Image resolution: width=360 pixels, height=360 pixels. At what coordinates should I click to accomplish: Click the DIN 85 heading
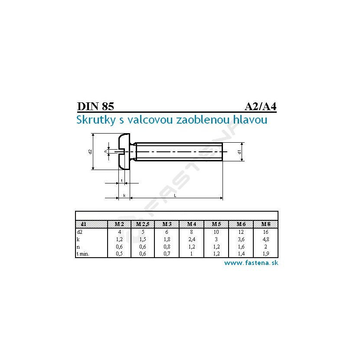[95, 106]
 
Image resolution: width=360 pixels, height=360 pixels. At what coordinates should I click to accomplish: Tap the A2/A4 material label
[261, 107]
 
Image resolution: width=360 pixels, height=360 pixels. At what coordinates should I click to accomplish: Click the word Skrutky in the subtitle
[96, 120]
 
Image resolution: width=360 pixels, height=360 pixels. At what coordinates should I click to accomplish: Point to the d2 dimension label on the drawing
[90, 151]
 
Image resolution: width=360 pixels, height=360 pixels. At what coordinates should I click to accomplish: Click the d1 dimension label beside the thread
[239, 152]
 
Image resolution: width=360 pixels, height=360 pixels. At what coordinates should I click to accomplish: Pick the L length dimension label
[175, 196]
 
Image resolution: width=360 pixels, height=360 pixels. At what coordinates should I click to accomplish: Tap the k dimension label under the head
[124, 196]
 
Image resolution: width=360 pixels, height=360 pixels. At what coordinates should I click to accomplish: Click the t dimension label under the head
[122, 181]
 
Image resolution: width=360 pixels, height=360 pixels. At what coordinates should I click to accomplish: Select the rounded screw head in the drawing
[124, 151]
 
